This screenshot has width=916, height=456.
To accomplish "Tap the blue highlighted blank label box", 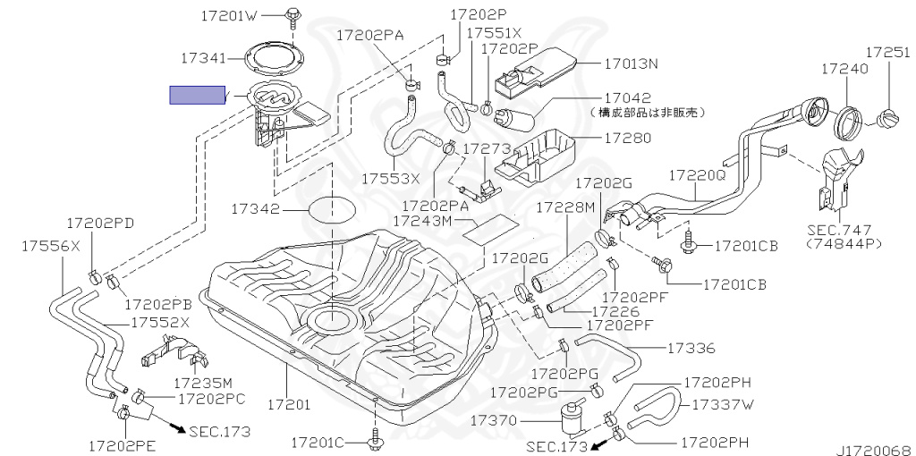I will (x=198, y=95).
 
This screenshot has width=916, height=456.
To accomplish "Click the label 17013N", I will (x=630, y=63).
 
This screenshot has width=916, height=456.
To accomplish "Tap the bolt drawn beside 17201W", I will (x=293, y=14).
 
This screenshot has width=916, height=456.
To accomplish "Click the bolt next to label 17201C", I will (x=373, y=440).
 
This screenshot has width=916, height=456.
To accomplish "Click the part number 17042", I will (x=627, y=97).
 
